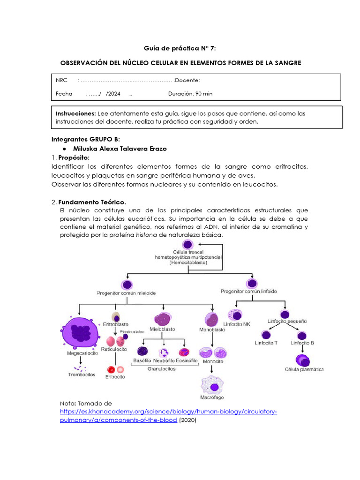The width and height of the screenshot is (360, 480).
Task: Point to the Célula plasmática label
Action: point(304,369)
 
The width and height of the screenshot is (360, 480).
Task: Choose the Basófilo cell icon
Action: point(142,352)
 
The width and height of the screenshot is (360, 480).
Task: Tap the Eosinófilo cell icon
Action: point(184,352)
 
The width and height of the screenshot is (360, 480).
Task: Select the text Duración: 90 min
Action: point(190,93)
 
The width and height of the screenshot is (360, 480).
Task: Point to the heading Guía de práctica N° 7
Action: point(180,48)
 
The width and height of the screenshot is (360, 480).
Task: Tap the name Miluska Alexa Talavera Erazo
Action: point(120,149)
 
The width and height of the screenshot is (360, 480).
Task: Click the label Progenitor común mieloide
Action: point(126,292)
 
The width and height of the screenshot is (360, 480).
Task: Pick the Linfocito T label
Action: point(265,343)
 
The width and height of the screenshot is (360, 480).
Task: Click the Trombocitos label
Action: point(81,375)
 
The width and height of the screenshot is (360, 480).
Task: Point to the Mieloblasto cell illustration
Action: point(163,319)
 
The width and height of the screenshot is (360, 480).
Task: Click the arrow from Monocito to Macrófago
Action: point(212,369)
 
